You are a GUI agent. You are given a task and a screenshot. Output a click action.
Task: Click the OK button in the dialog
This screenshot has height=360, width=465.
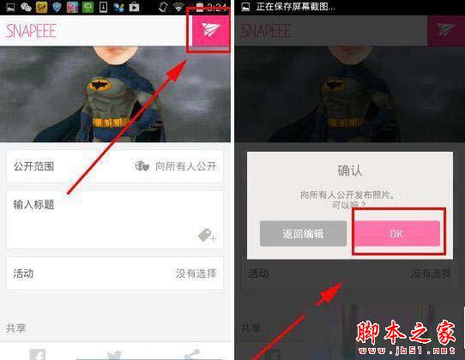click(396, 233)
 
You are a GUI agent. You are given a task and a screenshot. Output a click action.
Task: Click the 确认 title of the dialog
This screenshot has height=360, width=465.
click(349, 170)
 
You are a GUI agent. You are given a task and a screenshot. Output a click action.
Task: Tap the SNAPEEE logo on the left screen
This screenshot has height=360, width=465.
click(32, 31)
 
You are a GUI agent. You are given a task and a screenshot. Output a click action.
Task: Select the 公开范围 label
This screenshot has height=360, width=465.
click(34, 165)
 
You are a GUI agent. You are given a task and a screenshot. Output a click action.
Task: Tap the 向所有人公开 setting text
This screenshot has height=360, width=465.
click(185, 165)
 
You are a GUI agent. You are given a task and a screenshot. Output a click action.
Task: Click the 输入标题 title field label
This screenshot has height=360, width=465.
click(34, 205)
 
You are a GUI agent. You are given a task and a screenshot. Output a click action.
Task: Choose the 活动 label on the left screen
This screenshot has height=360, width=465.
click(23, 273)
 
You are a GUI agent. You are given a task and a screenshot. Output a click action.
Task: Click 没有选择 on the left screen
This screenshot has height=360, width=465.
click(196, 273)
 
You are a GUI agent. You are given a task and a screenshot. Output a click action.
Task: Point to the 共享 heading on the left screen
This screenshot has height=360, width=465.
click(16, 327)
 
